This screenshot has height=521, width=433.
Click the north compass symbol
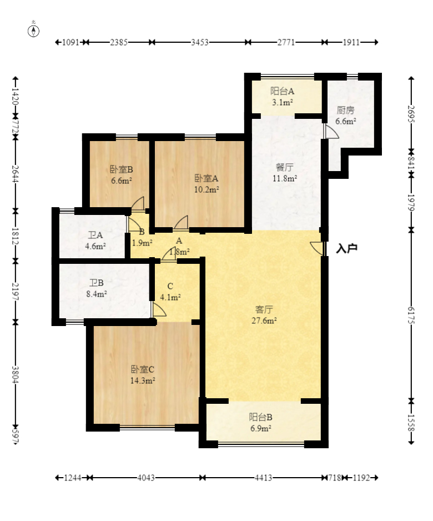click(x=33, y=29)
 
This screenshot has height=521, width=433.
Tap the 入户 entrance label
click(x=346, y=248)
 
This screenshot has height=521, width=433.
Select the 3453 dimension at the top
click(x=199, y=42)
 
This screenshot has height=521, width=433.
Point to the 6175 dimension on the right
click(x=411, y=315)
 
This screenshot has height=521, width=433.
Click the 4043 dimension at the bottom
click(x=146, y=478)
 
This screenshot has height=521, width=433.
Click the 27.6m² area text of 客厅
click(x=264, y=320)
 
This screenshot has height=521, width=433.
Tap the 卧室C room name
click(x=143, y=369)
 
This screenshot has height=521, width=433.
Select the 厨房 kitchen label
click(x=345, y=110)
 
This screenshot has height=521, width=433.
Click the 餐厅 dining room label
click(x=285, y=167)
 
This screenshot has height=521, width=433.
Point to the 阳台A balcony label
click(x=282, y=91)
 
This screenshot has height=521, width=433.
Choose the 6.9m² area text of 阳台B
click(x=261, y=428)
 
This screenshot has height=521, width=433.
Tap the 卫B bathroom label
click(x=96, y=283)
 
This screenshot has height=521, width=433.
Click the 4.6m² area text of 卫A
click(x=95, y=246)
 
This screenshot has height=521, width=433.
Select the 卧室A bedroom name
click(x=206, y=178)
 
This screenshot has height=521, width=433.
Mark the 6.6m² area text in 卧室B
click(x=121, y=181)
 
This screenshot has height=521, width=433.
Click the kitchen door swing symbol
click(x=332, y=131)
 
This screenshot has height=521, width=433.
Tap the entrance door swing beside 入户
click(x=317, y=248)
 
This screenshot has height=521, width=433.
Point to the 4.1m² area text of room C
click(x=170, y=297)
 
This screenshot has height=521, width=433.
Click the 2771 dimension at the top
click(x=286, y=42)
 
